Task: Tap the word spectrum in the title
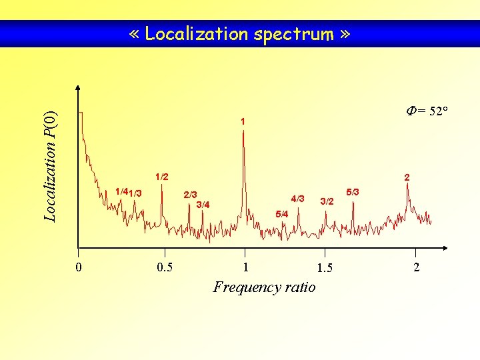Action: pos(293,33)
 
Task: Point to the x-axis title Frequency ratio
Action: pos(264,287)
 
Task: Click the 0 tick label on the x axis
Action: pos(79,267)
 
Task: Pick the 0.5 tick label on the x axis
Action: pos(164,267)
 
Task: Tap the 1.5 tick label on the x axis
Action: pos(325,268)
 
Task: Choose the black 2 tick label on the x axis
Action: pos(417,267)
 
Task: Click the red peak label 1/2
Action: pos(161,177)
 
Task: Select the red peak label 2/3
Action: pos(190,195)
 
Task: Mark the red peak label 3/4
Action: pos(203,204)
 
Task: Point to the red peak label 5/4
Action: pos(281,214)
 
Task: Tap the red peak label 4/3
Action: pos(297,199)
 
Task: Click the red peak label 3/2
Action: pos(327,201)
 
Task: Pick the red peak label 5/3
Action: pos(353,192)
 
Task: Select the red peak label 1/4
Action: pos(121,192)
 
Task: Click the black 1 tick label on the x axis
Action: pos(245,267)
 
